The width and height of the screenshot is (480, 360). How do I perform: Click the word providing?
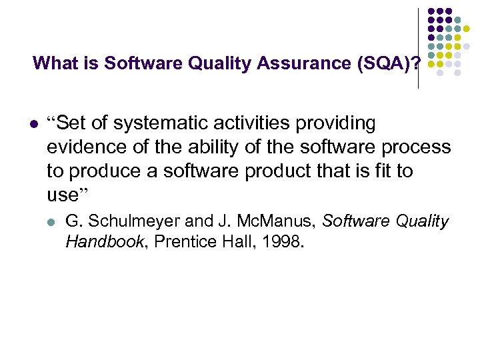353,123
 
